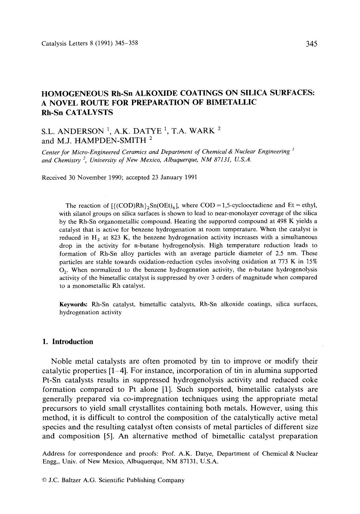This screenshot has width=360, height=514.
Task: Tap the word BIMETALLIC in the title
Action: (x=236, y=102)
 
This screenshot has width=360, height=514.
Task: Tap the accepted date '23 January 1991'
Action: (x=175, y=178)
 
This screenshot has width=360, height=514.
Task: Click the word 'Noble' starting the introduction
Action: (x=61, y=362)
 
